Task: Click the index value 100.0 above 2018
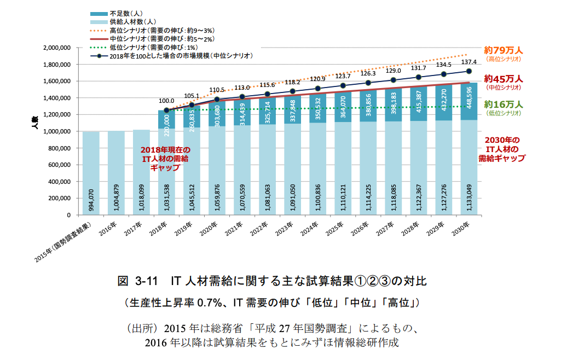pos(166,101)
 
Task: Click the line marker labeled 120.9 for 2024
pos(318,88)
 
